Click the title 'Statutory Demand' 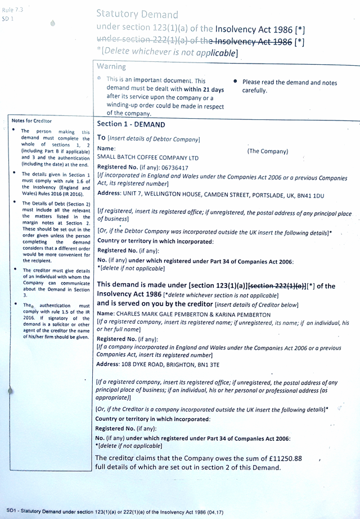click(x=137, y=14)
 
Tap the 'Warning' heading click(x=111, y=66)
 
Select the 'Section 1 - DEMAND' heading click(x=131, y=124)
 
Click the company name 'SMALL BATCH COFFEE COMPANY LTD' click(x=148, y=157)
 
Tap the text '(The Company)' click(x=267, y=151)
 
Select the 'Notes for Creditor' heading click(x=31, y=121)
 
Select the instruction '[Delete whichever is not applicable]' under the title click(x=169, y=53)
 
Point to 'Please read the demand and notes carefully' click(x=290, y=86)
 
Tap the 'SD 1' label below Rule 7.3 click(x=7, y=19)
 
